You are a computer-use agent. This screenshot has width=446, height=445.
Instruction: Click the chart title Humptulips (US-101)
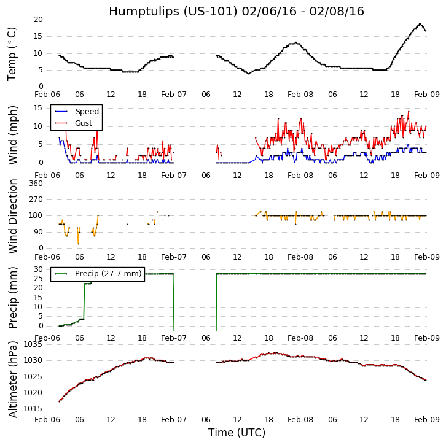(237, 12)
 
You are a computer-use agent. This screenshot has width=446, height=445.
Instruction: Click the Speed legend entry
(87, 112)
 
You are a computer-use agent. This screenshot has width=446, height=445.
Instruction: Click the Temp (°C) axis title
(12, 53)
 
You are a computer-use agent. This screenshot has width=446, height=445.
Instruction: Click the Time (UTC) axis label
(237, 433)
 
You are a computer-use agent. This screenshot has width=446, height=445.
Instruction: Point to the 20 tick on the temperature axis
(38, 20)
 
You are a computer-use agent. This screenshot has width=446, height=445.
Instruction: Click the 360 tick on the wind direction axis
(35, 183)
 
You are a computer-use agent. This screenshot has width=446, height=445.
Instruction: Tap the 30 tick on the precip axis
(38, 269)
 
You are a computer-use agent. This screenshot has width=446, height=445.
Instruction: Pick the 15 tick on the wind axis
(38, 107)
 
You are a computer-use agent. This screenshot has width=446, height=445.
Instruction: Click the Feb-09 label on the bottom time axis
(426, 420)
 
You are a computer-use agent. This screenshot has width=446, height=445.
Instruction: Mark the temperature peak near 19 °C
(420, 23)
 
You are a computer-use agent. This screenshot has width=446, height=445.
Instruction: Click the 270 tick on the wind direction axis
(35, 199)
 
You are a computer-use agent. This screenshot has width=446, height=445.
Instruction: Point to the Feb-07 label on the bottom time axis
(174, 420)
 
